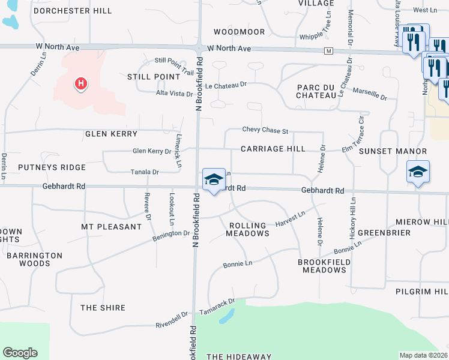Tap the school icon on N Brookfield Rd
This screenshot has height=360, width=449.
click(214, 179)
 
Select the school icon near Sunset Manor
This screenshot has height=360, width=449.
click(418, 172)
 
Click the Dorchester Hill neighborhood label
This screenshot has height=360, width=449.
click(73, 11)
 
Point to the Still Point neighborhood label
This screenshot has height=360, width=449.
click(154, 77)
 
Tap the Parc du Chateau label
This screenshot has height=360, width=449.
click(315, 91)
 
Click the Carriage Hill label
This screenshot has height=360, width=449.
click(273, 148)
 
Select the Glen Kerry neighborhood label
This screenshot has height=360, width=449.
click(111, 134)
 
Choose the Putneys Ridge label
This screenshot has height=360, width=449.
click(52, 167)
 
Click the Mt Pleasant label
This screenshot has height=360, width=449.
click(111, 227)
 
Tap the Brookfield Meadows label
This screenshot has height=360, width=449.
click(322, 266)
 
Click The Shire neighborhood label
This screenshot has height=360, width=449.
click(103, 308)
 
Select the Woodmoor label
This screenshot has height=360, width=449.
click(239, 31)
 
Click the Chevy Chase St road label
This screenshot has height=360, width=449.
click(265, 130)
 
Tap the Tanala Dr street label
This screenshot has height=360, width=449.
click(145, 172)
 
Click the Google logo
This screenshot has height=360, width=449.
click(20, 353)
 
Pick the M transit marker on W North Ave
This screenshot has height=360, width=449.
click(328, 51)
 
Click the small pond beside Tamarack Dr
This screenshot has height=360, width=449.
click(227, 316)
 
